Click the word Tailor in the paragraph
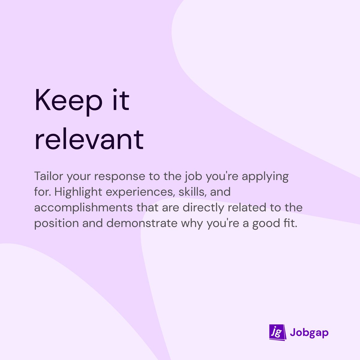click(48, 176)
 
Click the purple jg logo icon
click(276, 332)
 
